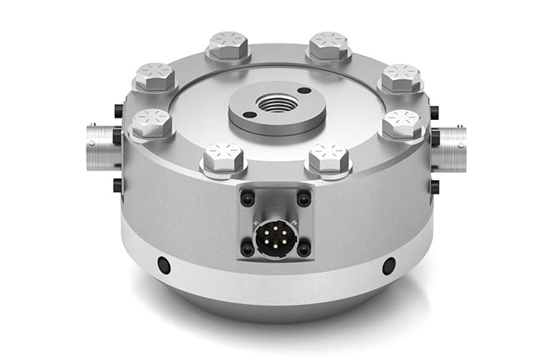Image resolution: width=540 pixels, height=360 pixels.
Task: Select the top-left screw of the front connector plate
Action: (247, 199)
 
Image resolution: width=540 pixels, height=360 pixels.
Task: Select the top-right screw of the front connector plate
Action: (303, 199)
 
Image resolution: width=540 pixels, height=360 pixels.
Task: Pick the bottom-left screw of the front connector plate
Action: (247, 249)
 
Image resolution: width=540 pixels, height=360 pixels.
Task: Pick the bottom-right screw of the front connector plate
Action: (303, 249)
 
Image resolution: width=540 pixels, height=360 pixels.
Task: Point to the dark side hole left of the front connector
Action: (163, 265)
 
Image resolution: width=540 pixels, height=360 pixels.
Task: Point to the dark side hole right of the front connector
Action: (388, 265)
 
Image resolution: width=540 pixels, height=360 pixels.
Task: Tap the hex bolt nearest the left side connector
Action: (151, 122)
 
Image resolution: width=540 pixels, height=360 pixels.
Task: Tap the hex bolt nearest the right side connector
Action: (403, 123)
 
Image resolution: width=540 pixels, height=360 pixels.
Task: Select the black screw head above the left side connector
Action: (118, 111)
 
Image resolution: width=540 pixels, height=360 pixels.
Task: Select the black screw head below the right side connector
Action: (433, 187)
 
